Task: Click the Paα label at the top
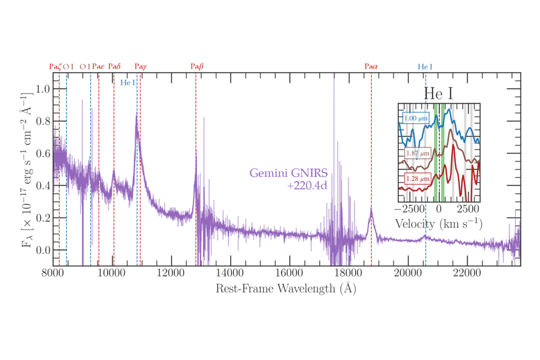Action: [x=371, y=67]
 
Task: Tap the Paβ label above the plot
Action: [x=197, y=67]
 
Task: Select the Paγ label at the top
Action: [x=141, y=67]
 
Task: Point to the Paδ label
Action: [x=114, y=67]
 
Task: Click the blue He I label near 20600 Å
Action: [x=425, y=67]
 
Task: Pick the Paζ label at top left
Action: [x=55, y=67]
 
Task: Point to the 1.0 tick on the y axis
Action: [x=43, y=90]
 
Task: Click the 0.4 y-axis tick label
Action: [x=43, y=185]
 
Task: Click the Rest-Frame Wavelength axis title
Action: [x=286, y=289]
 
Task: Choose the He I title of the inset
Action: [x=439, y=93]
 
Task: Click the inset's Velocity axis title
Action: [x=439, y=223]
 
